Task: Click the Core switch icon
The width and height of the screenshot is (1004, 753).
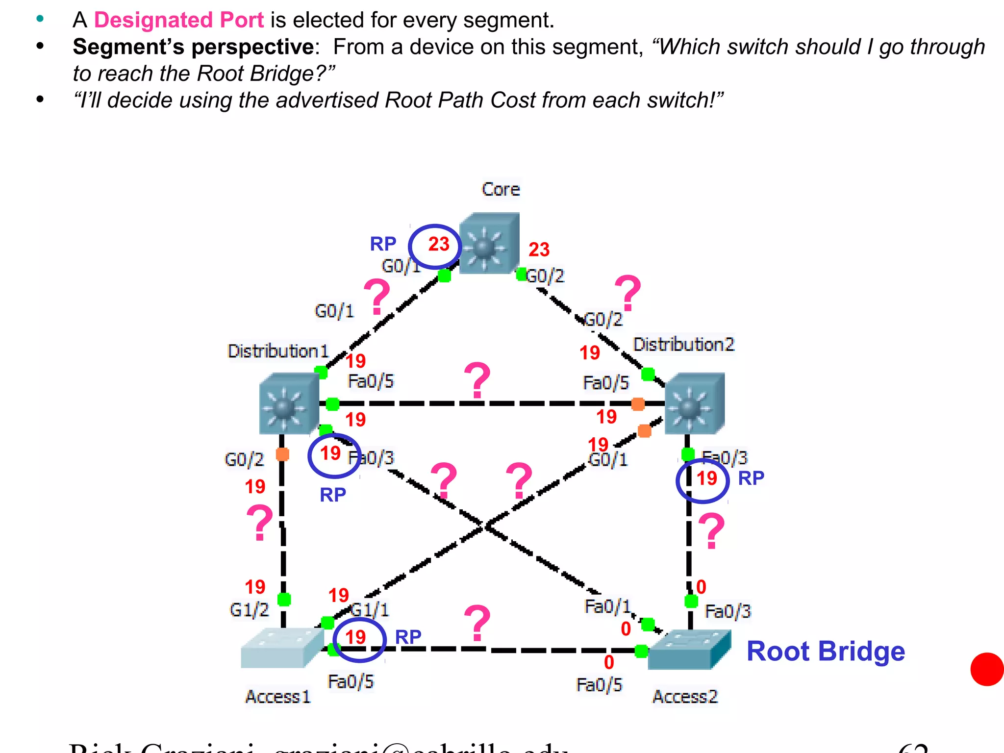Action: coord(489,243)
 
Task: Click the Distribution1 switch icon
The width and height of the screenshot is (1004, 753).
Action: coord(289,403)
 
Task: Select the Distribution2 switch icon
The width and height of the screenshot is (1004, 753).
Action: coord(694,403)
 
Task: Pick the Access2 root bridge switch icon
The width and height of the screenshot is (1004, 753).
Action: coord(688,650)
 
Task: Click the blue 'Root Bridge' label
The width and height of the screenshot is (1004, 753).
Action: coord(826,652)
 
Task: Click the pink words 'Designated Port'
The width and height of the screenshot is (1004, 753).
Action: coord(179,20)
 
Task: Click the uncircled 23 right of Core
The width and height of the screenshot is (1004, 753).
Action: coord(539,250)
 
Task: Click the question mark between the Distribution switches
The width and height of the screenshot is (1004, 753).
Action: coord(477,380)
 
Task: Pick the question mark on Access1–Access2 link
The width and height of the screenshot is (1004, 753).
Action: coord(477,623)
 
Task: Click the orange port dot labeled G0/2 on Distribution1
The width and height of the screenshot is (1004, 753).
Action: coord(282,454)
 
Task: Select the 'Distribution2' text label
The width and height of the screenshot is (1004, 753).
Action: coord(684,345)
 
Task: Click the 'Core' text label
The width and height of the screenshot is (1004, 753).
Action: coord(501,189)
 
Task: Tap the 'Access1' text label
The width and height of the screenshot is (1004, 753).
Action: coord(278,697)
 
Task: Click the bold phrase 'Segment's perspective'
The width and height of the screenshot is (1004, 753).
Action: coord(193,47)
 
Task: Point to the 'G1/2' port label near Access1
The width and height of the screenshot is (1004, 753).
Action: coord(249,610)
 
